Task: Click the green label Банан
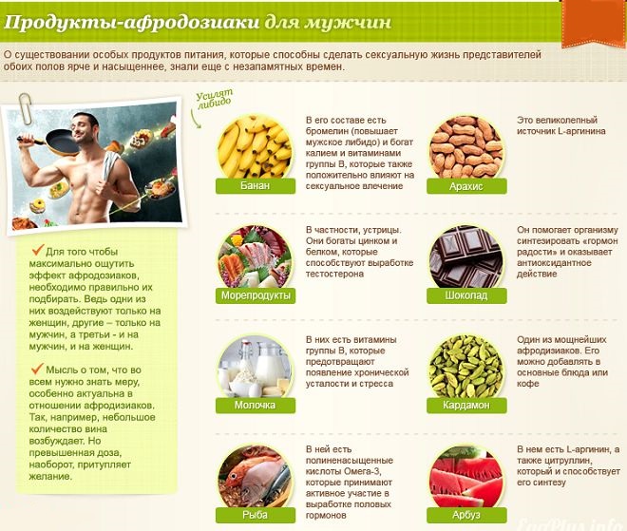tap(256, 186)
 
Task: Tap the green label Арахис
tap(466, 186)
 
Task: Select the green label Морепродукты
tap(256, 295)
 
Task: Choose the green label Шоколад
tap(466, 295)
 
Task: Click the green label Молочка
tap(256, 405)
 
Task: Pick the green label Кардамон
tap(466, 405)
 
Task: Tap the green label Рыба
tap(256, 515)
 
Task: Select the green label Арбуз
tap(466, 515)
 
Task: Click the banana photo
tap(255, 147)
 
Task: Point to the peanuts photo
tap(465, 147)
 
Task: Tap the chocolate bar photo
tap(465, 256)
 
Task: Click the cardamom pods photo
tap(465, 366)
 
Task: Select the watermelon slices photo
tap(465, 475)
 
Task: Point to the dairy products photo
tap(255, 366)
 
